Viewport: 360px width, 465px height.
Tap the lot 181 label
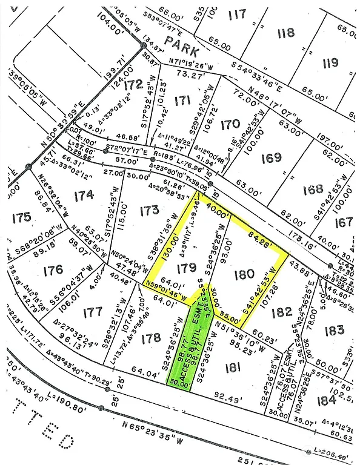tap(232, 367)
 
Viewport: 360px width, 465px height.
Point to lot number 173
tap(148, 211)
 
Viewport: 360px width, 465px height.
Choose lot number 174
tap(84, 195)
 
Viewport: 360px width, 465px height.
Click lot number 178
tap(151, 339)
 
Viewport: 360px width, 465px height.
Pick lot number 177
tap(93, 312)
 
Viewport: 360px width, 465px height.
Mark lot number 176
tap(53, 269)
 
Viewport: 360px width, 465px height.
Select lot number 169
tap(272, 157)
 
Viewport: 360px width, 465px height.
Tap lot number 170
tap(230, 125)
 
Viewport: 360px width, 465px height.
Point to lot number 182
tap(282, 312)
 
